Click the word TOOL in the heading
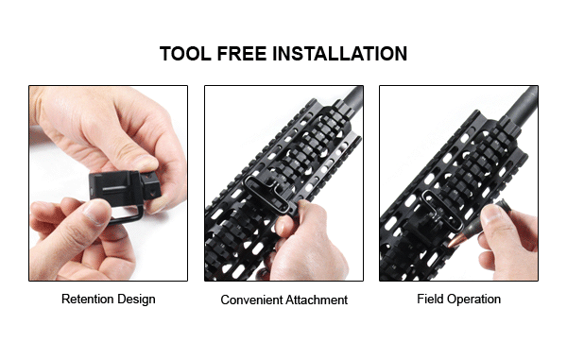pyautogui.click(x=185, y=54)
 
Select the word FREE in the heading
pyautogui.click(x=242, y=54)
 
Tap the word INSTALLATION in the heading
pyautogui.click(x=339, y=54)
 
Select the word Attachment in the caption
pyautogui.click(x=316, y=300)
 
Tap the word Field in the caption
pyautogui.click(x=430, y=299)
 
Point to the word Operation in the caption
pyautogui.click(x=473, y=300)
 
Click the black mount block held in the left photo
pyautogui.click(x=115, y=186)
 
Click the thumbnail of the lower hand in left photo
pyautogui.click(x=96, y=212)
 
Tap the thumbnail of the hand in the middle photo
pyautogui.click(x=280, y=227)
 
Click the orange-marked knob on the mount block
pyautogui.click(x=151, y=184)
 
